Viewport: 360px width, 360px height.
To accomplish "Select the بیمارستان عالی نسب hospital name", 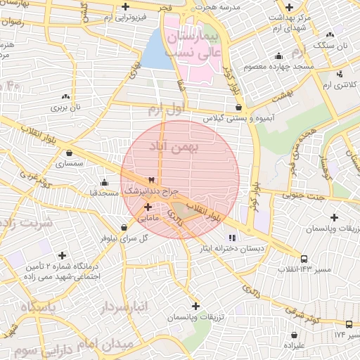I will coord(193,44).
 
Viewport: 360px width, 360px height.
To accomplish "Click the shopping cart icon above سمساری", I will coord(69,153).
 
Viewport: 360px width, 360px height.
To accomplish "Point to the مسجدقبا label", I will coord(103,192).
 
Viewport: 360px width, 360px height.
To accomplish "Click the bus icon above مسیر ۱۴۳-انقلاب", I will coord(304,258).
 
